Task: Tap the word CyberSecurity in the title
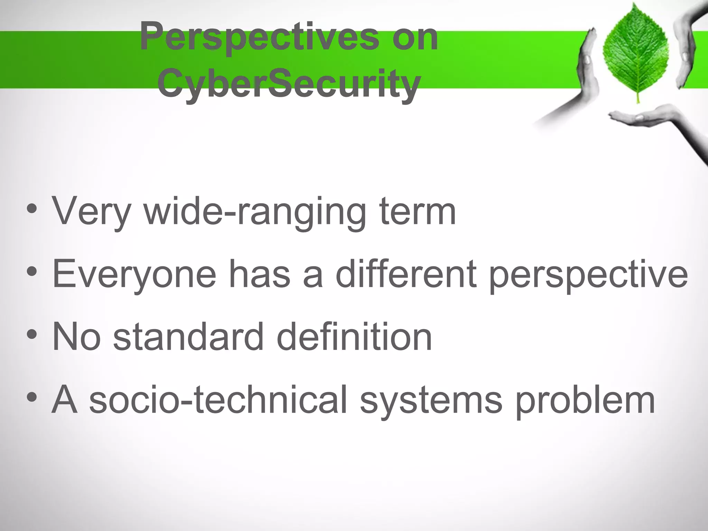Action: coord(289,83)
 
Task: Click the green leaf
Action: coord(636,52)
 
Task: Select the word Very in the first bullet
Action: coord(91,212)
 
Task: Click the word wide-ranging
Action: coord(254,212)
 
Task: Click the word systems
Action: coord(431,400)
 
